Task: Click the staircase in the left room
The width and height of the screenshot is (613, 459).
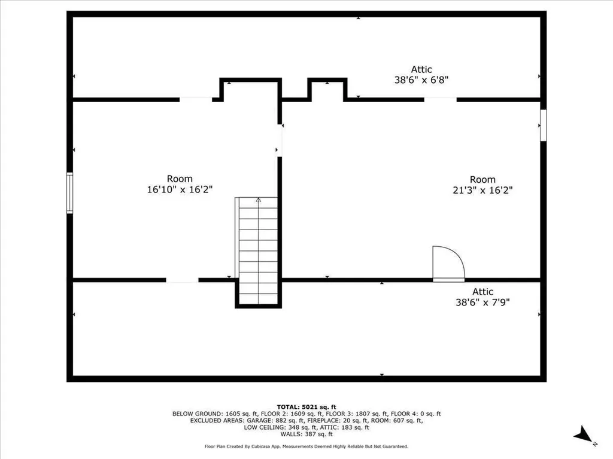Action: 258,251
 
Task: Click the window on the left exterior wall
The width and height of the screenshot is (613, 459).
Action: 69,192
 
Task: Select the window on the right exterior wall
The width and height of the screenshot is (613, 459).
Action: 543,125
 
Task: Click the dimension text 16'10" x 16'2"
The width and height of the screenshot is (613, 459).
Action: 180,189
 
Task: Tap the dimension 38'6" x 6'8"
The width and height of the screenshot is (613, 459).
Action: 421,79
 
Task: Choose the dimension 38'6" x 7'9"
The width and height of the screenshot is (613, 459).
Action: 482,302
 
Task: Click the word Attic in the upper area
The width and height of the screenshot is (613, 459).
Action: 421,69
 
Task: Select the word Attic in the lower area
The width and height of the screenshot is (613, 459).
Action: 482,292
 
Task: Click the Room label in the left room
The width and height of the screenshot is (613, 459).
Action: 180,179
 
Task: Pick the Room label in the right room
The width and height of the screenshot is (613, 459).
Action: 482,179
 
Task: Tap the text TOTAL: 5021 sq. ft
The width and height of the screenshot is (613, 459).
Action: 306,406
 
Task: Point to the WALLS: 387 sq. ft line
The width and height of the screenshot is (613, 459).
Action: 306,434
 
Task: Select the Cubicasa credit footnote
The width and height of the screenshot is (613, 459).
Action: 306,446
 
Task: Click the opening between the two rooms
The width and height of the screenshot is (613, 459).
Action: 280,141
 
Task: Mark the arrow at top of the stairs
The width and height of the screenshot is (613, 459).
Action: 258,201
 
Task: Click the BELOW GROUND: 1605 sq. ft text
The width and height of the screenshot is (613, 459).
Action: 207,414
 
